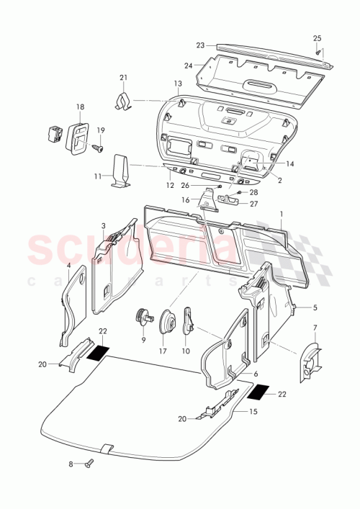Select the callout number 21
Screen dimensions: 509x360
(x=123, y=78)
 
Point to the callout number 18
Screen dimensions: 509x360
(x=78, y=107)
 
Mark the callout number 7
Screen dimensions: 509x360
(x=315, y=328)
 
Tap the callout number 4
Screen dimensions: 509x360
(x=68, y=265)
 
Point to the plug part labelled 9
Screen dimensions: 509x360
(x=143, y=317)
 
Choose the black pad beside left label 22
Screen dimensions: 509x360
(x=98, y=353)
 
